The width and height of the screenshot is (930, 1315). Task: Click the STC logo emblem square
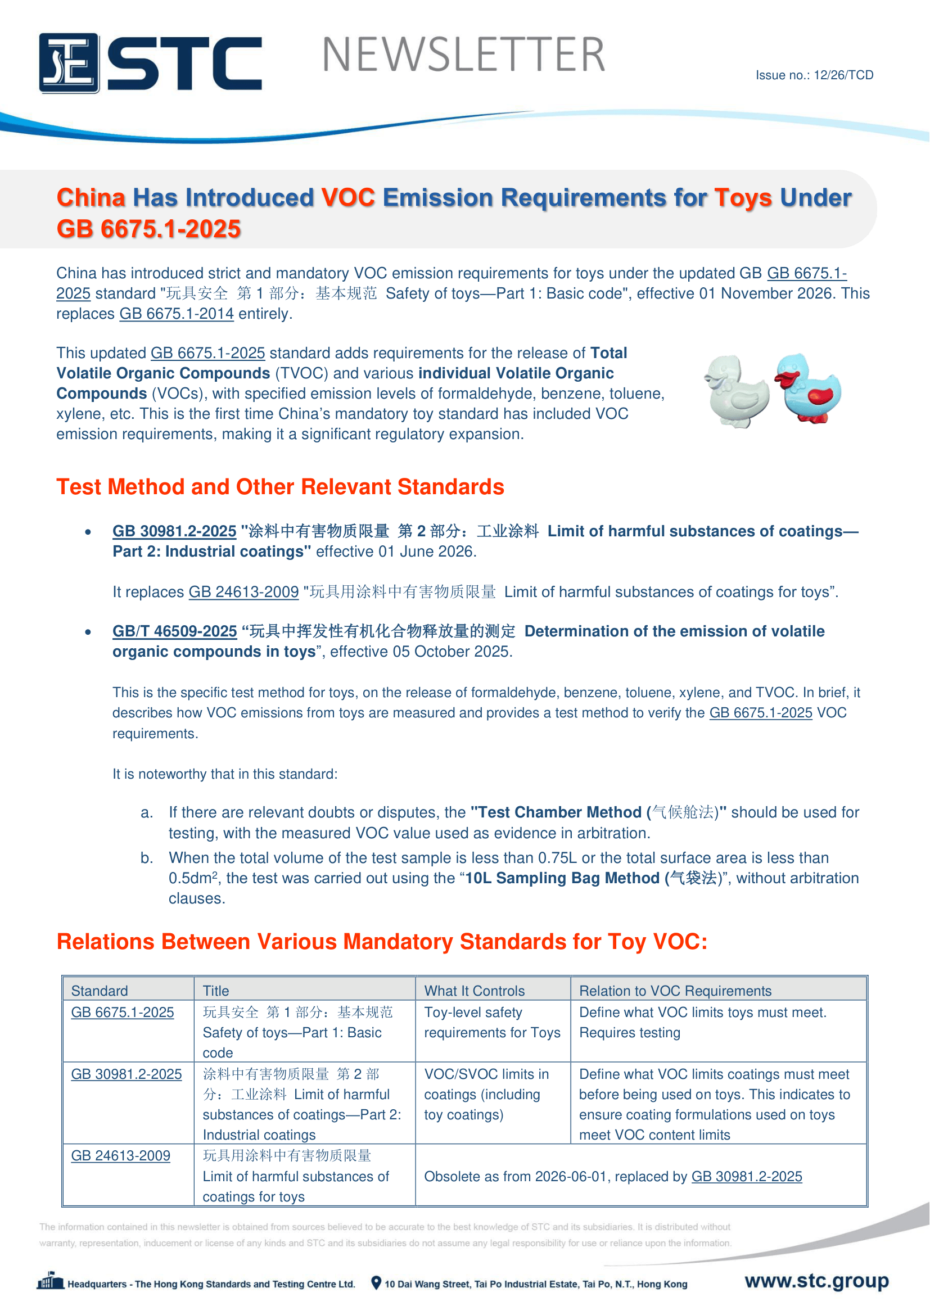tap(69, 63)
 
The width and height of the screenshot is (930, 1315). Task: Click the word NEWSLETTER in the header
tap(463, 55)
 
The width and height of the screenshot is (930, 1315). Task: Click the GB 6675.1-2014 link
tap(177, 314)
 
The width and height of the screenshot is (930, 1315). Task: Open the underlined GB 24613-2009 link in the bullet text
tap(243, 591)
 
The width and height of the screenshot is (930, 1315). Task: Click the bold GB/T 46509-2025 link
tap(175, 631)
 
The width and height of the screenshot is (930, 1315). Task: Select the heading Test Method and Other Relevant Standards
tap(280, 487)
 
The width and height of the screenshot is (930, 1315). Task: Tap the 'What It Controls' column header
tap(474, 991)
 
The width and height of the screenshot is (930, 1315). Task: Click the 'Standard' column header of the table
tap(100, 991)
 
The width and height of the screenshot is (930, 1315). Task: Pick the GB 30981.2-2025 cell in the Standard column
tap(126, 1074)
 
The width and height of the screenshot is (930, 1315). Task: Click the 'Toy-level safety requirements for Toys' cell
tap(492, 1023)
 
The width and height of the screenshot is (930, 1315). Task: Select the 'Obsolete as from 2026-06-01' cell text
tap(613, 1176)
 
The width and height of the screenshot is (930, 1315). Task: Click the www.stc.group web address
tap(816, 1281)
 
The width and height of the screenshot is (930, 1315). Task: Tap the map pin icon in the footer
tap(376, 1283)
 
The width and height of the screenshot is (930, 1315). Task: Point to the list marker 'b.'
tap(147, 858)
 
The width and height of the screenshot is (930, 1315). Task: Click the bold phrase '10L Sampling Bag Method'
tap(562, 878)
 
